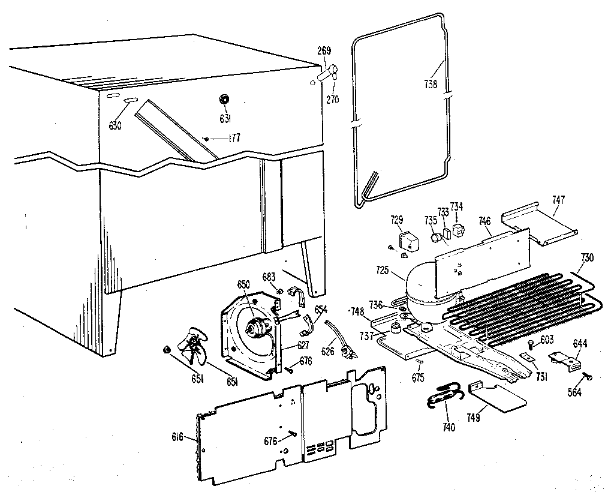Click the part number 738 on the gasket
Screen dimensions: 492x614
pyautogui.click(x=431, y=84)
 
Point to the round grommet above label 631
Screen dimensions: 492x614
pyautogui.click(x=225, y=99)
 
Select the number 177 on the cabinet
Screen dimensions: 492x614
pyautogui.click(x=233, y=139)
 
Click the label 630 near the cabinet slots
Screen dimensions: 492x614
pyautogui.click(x=115, y=125)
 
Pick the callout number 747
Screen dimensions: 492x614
pyautogui.click(x=558, y=199)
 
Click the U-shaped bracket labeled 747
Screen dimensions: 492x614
pyautogui.click(x=538, y=227)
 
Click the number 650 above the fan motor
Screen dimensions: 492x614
pyautogui.click(x=243, y=283)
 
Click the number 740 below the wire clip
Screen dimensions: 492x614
pyautogui.click(x=448, y=427)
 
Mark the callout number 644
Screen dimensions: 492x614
pyautogui.click(x=580, y=344)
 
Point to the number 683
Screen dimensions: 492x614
pyautogui.click(x=269, y=277)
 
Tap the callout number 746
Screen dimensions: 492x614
pyautogui.click(x=484, y=221)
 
